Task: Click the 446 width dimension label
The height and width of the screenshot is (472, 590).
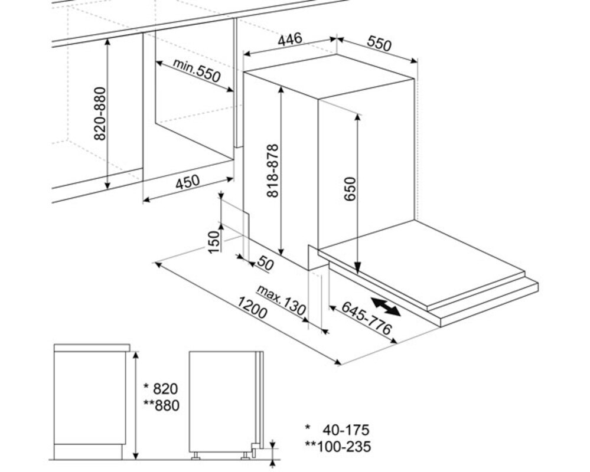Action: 290,39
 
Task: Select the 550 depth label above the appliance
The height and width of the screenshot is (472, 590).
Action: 379,44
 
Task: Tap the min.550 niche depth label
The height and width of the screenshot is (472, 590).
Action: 197,70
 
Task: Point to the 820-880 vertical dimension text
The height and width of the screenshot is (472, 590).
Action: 100,114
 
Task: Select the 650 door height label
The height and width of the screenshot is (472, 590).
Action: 350,189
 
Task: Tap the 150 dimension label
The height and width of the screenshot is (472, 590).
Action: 213,242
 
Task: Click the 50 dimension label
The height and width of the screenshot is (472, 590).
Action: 265,264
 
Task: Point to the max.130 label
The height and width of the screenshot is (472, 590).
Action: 281,300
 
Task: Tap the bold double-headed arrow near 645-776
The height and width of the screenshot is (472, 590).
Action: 386,306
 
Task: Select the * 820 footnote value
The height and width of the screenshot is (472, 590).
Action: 161,388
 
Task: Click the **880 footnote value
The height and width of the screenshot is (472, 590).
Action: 161,405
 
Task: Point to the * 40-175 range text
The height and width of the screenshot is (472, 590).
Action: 337,430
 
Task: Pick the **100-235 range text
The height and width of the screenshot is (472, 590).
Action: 338,447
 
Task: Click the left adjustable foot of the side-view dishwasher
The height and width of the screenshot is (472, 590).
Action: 195,456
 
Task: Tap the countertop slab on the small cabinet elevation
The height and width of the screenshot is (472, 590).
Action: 92,348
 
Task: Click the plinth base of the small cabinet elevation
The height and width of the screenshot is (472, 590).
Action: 88,451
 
